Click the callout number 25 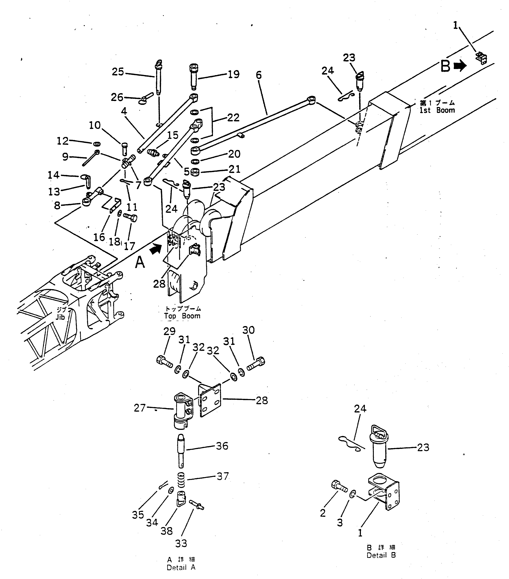coord(118,72)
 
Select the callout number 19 coord(234,75)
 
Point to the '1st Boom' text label coord(437,110)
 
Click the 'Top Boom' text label coord(182,316)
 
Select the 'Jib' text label coord(60,317)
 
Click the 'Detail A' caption coord(181,567)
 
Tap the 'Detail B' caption coord(381,555)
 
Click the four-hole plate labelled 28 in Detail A coord(210,400)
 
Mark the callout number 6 coord(259,75)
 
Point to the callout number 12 coord(63,141)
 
